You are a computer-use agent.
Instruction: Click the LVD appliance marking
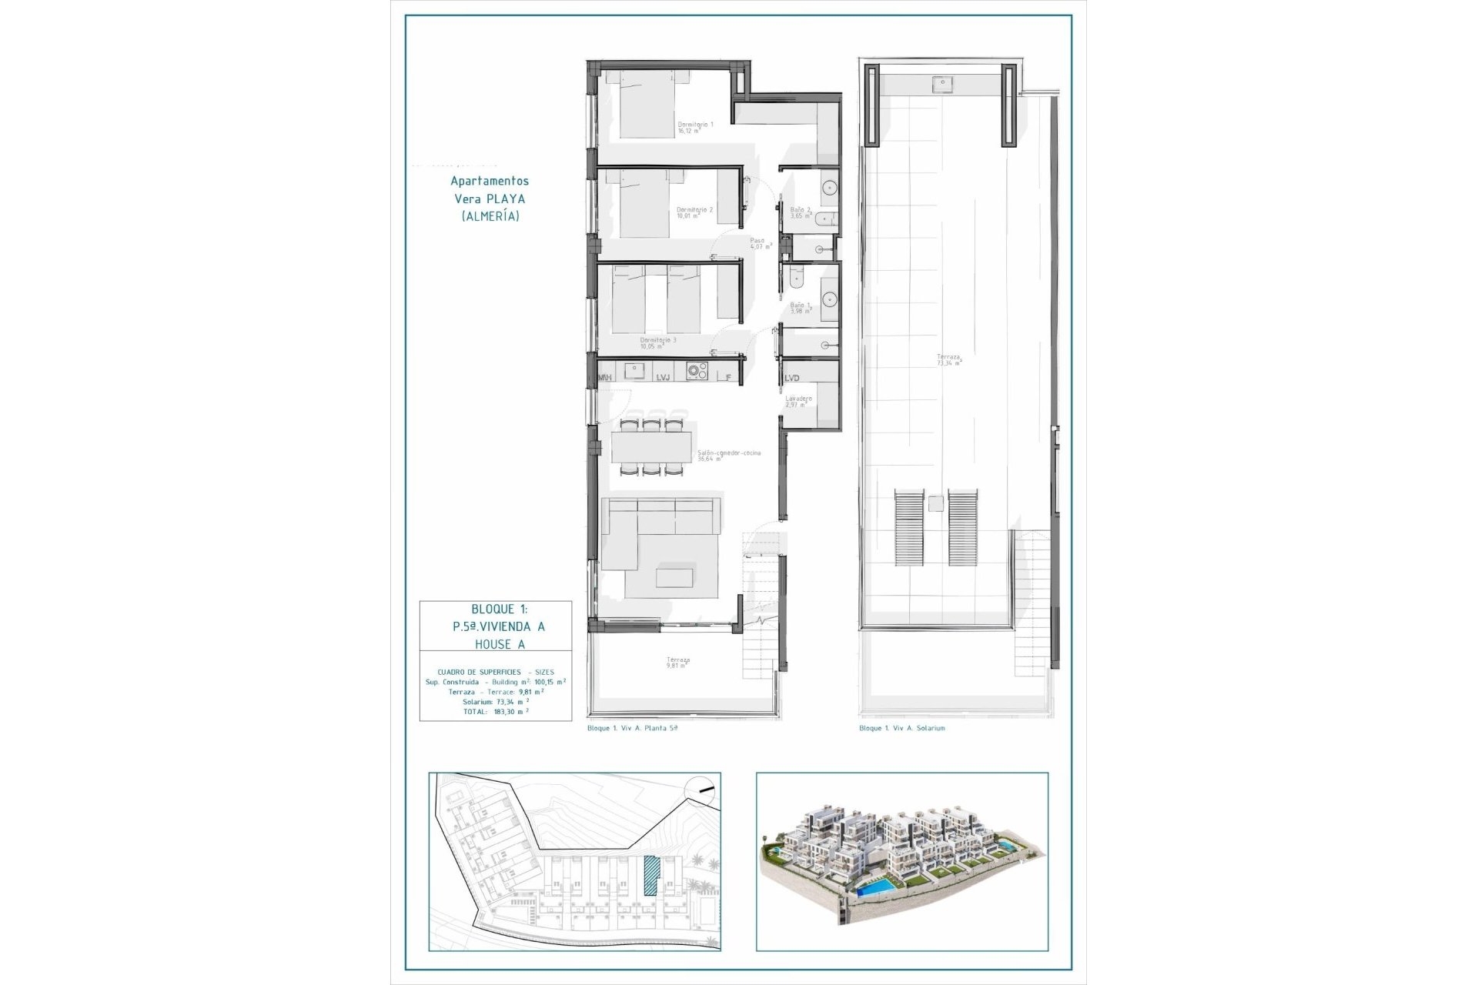792,378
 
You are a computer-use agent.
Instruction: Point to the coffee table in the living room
674,577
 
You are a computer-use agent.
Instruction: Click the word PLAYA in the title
507,199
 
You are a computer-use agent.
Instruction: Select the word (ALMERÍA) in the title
490,216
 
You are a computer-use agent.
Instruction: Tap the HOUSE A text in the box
500,644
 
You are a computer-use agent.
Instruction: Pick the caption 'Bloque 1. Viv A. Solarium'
901,728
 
